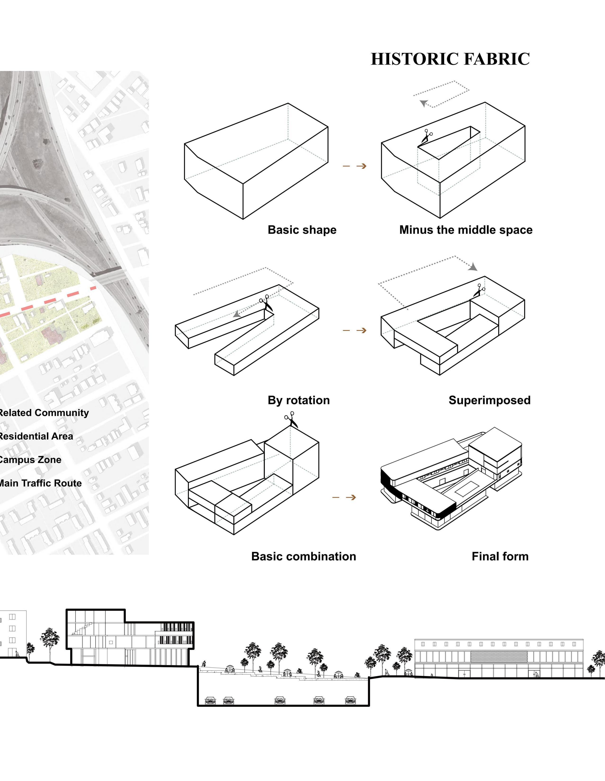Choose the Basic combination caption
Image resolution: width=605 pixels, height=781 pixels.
tap(304, 556)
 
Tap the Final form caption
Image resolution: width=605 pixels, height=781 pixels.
tap(500, 556)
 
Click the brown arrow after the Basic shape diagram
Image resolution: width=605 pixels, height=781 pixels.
tap(354, 166)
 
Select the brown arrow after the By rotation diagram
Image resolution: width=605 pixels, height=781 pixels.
tap(354, 330)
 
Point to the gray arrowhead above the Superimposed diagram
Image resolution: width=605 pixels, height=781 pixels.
tap(473, 267)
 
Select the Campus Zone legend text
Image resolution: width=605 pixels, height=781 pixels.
tap(30, 460)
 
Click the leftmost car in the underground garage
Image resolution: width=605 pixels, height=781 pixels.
tap(210, 700)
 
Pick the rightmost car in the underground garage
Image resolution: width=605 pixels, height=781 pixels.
tap(351, 700)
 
